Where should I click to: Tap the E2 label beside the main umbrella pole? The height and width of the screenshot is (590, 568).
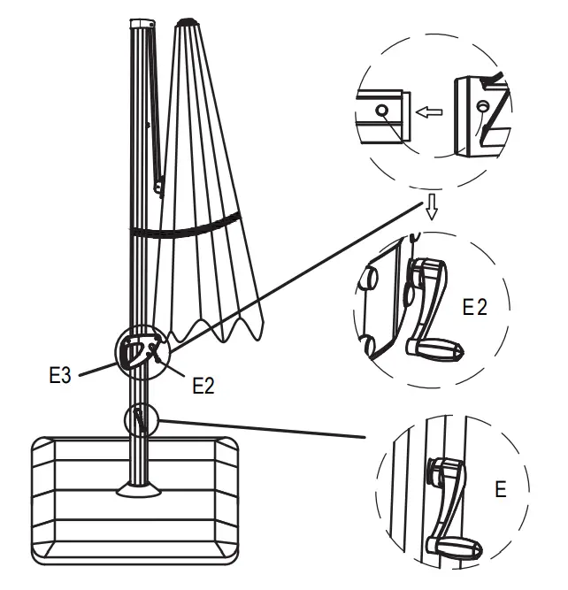pyautogui.click(x=203, y=385)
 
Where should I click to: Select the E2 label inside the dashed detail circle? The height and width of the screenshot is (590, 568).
pyautogui.click(x=475, y=307)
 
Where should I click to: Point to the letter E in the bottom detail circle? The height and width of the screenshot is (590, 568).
pyautogui.click(x=501, y=488)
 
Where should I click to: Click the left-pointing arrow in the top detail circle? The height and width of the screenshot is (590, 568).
pyautogui.click(x=430, y=112)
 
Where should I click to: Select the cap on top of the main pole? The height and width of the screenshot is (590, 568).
pyautogui.click(x=141, y=22)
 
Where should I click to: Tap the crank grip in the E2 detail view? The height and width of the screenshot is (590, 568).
pyautogui.click(x=437, y=350)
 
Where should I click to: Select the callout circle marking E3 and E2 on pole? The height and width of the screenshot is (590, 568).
pyautogui.click(x=140, y=353)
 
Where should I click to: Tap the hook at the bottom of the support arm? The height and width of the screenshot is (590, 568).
pyautogui.click(x=159, y=187)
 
